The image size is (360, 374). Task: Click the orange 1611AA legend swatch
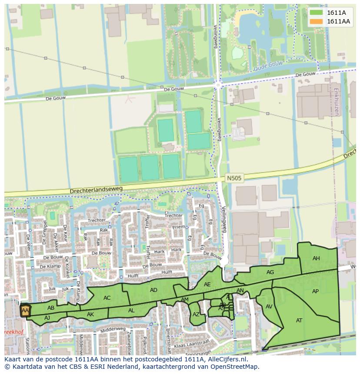tap(317, 21)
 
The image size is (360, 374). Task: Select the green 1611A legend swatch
tap(317, 13)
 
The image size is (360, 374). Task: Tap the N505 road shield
tap(234, 178)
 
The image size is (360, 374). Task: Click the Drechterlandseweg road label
tap(96, 190)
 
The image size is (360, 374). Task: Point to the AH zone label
tap(316, 258)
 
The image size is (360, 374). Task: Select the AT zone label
tap(299, 321)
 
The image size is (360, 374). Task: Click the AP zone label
tap(315, 291)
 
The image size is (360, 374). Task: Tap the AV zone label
tap(269, 307)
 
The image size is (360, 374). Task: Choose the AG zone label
tap(270, 272)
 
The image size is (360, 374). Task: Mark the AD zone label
tap(153, 290)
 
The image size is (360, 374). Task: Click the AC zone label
tap(107, 298)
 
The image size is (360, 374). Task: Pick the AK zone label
tap(90, 314)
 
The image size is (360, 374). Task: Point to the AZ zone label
tap(196, 314)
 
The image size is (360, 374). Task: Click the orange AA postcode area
tap(25, 311)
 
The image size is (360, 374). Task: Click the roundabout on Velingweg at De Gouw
tap(218, 85)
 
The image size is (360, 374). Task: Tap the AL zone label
tap(131, 311)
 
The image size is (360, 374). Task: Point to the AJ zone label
tap(47, 318)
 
